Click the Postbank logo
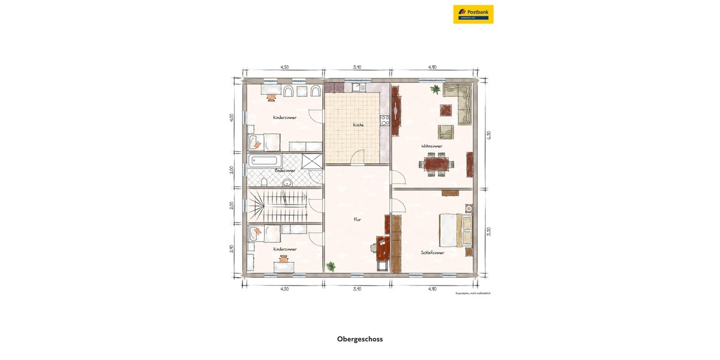[473, 14]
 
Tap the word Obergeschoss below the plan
[360, 339]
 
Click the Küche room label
[358, 125]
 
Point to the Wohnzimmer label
[431, 146]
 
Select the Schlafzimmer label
[433, 253]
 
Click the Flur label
[358, 220]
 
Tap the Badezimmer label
[284, 170]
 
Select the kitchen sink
[360, 88]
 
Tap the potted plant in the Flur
[330, 265]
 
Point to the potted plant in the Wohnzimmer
[434, 90]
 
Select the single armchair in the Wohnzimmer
[445, 132]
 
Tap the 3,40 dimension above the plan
[357, 67]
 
